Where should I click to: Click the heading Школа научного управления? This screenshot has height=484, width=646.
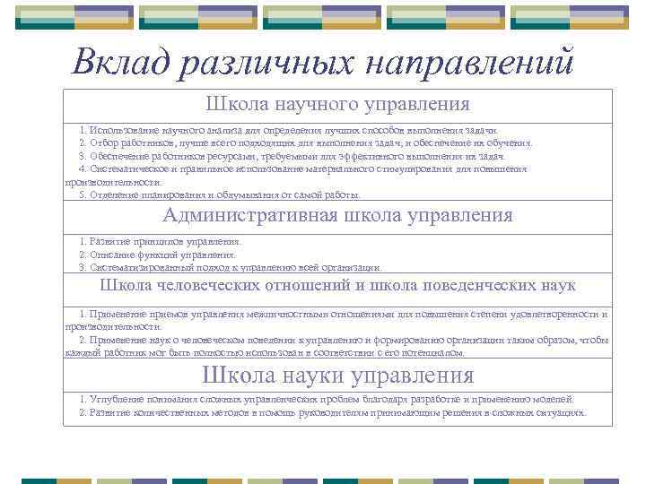[337, 105]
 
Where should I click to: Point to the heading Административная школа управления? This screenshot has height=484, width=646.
[337, 215]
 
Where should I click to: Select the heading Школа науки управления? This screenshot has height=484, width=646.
[337, 374]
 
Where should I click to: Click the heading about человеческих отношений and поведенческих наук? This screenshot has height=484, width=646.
[337, 286]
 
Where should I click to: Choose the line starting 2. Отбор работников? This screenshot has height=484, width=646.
[305, 143]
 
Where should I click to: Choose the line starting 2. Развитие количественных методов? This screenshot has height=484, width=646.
[332, 413]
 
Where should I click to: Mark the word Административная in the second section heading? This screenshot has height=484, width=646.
[250, 215]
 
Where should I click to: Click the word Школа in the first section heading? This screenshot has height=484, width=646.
[236, 105]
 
